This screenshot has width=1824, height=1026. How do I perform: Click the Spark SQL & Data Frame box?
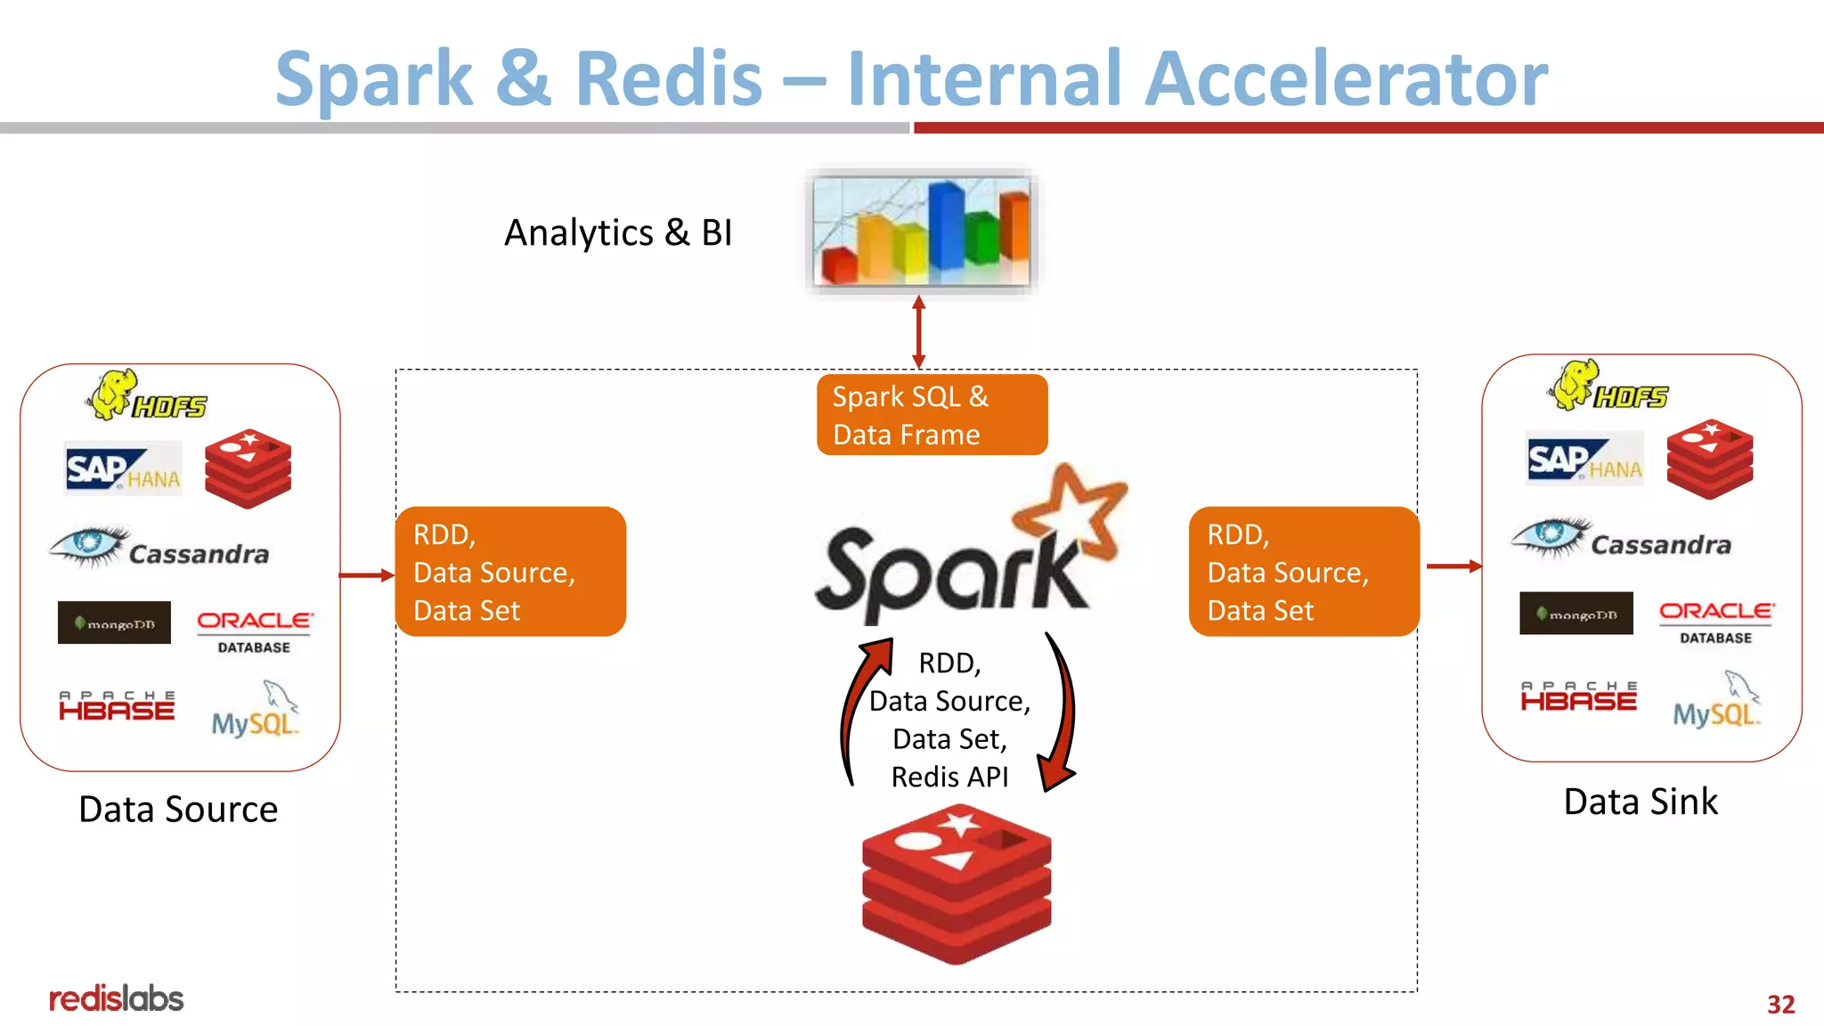932,415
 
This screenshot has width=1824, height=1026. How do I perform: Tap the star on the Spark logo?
1071,514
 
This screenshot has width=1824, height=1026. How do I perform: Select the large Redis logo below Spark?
957,883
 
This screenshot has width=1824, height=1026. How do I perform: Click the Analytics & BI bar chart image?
921,231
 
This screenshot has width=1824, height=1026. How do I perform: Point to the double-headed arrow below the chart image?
919,331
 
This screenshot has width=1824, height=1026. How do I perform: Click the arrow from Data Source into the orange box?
366,575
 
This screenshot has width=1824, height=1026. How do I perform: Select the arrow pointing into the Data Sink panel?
1453,566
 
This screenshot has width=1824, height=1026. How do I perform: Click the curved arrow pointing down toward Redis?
1062,712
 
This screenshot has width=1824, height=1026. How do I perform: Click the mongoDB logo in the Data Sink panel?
1576,614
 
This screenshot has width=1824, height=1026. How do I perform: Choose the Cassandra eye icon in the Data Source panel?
88,544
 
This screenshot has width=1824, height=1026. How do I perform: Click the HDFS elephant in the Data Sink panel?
1576,384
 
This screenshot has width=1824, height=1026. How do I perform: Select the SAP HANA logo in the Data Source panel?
123,468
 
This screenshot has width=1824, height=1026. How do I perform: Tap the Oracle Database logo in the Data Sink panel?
1715,621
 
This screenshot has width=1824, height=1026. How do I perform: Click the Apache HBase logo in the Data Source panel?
117,705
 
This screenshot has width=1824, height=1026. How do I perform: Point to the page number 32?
1780,1005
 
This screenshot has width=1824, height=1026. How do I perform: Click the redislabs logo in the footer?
116,998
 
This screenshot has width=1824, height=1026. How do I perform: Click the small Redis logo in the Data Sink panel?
1709,459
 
